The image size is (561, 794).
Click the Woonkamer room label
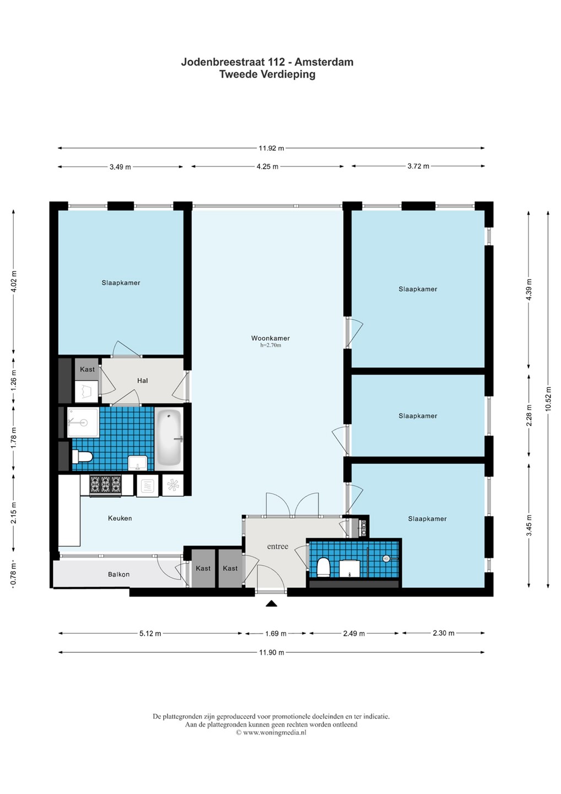270,338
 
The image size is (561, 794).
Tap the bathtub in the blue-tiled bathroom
169,438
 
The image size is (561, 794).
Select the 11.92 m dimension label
271,148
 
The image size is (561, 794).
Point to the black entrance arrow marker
271,604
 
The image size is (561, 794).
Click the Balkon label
118,574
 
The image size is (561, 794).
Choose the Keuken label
120,518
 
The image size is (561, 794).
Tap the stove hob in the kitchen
105,485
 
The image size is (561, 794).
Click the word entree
278,546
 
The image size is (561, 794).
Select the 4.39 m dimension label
529,289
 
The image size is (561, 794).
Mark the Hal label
142,380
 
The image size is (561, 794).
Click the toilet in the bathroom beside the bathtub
82,457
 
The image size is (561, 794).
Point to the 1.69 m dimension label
276,634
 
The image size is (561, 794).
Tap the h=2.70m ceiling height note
271,345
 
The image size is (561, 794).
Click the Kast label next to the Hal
87,369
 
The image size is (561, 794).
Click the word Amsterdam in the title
324,62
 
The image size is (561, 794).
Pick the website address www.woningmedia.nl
274,732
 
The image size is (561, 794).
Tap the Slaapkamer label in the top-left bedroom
121,283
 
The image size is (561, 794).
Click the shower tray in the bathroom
83,422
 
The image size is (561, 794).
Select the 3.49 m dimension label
121,167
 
